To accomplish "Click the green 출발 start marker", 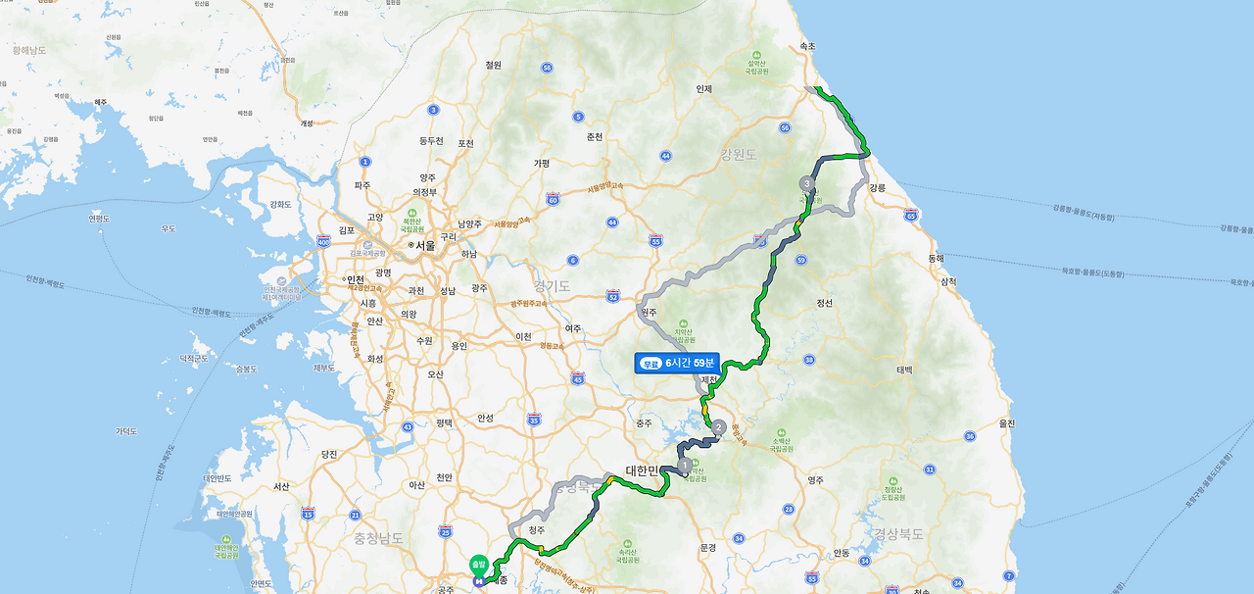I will pyautogui.click(x=478, y=564).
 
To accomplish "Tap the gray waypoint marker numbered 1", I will pyautogui.click(x=683, y=466).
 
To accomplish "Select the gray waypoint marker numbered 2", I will pyautogui.click(x=719, y=427).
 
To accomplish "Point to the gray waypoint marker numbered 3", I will pyautogui.click(x=806, y=183).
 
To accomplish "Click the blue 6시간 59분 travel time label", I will pyautogui.click(x=677, y=363).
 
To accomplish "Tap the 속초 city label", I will pyautogui.click(x=806, y=46).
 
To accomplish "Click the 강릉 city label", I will pyautogui.click(x=877, y=187).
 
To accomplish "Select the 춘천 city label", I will pyautogui.click(x=594, y=136).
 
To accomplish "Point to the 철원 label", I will pyautogui.click(x=493, y=65).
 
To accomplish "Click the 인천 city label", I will pyautogui.click(x=355, y=279).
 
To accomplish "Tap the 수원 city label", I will pyautogui.click(x=424, y=340).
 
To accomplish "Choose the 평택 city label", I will pyautogui.click(x=444, y=422).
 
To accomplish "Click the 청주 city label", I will pyautogui.click(x=536, y=529).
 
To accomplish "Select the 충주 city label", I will pyautogui.click(x=643, y=423).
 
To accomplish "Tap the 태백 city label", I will pyautogui.click(x=903, y=370).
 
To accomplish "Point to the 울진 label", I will pyautogui.click(x=1007, y=422).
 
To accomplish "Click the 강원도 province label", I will pyautogui.click(x=740, y=154).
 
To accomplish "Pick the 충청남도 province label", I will pyautogui.click(x=379, y=537).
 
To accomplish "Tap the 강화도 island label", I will pyautogui.click(x=280, y=204).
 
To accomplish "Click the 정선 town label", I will pyautogui.click(x=824, y=303).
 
